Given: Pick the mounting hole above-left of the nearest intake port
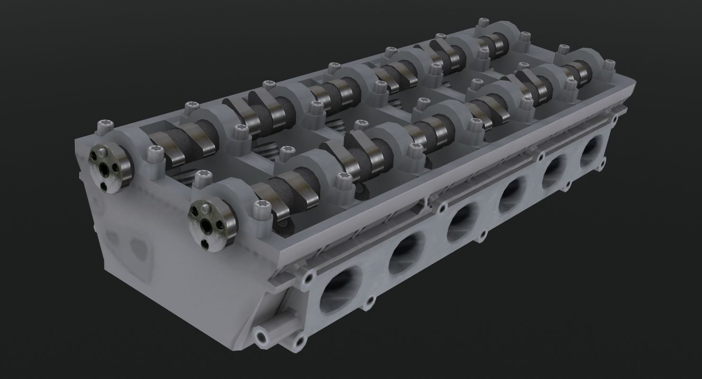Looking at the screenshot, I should [x=310, y=276].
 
